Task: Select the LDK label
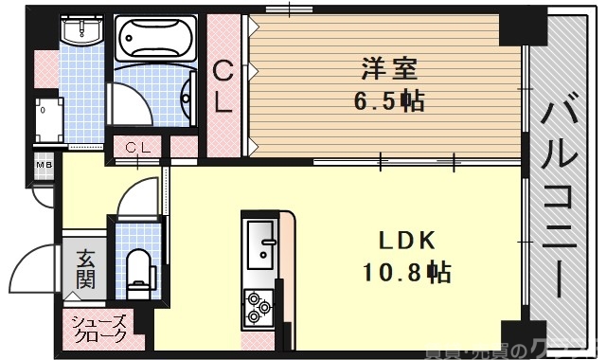point(409,241)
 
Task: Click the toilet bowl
point(139,266)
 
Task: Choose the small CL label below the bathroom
point(138,147)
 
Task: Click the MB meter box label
point(44,166)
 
